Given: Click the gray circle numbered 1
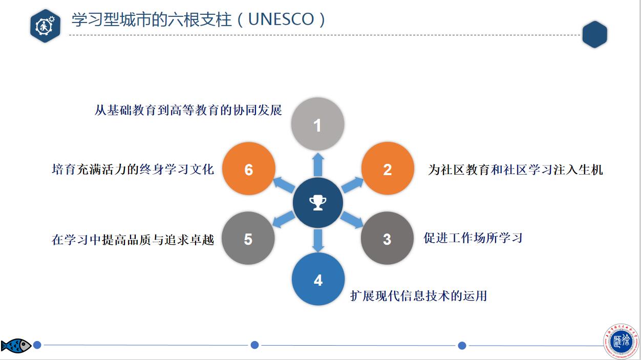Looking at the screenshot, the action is point(317,123).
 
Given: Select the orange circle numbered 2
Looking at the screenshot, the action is point(388,168).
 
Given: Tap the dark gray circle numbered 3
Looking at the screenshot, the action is point(387,238).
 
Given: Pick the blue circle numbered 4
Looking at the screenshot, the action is point(318,279).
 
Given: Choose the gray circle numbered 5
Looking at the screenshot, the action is point(248,238).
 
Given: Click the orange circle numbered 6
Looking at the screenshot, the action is point(249,168).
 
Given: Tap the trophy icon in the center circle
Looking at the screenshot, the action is point(317,203).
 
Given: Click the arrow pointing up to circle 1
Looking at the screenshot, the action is point(318,164).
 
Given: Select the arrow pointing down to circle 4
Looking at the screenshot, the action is point(318,240).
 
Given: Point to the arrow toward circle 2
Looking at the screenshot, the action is point(352,184).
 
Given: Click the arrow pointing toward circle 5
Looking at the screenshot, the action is point(283,220).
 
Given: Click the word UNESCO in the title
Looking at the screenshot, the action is point(281,19).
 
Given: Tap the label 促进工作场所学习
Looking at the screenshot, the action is point(473,238).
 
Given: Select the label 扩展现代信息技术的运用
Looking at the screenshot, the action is point(418,295).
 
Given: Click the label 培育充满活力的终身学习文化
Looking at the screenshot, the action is point(133,169).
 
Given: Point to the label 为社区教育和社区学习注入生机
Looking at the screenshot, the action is point(516,170).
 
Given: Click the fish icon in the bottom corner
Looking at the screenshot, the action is point(16,345).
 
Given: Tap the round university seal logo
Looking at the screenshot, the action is point(621,342).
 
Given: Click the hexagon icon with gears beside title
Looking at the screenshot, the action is point(46,26).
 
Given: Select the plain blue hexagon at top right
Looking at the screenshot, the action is point(594,34).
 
